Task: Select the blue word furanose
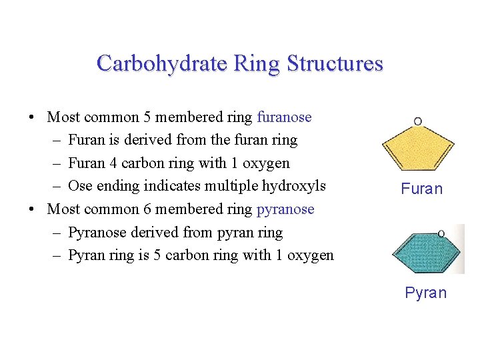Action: pyautogui.click(x=284, y=117)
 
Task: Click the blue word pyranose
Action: pyautogui.click(x=285, y=209)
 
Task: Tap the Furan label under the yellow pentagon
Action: pyautogui.click(x=421, y=189)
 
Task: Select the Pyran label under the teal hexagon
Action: pyautogui.click(x=425, y=293)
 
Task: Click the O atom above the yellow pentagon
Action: pyautogui.click(x=418, y=121)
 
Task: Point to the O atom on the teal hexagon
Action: pyautogui.click(x=441, y=233)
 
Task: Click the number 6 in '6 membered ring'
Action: pyautogui.click(x=147, y=209)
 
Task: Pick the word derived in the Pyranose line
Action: pyautogui.click(x=155, y=233)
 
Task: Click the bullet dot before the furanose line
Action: pyautogui.click(x=32, y=118)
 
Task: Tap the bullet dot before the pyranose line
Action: pyautogui.click(x=32, y=210)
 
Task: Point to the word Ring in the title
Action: pyautogui.click(x=259, y=63)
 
